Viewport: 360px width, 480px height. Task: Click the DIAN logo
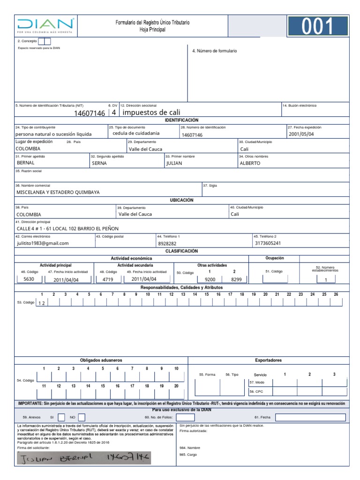click(45, 26)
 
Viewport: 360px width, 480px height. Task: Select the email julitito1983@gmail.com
click(43, 243)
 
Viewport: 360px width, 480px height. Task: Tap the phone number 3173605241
click(268, 243)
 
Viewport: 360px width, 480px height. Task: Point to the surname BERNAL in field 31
click(26, 163)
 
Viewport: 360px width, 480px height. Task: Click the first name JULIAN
click(174, 163)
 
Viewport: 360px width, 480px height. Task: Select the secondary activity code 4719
click(108, 279)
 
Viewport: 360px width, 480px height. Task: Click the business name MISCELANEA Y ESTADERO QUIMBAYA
click(58, 192)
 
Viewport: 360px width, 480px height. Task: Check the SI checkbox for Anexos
click(61, 417)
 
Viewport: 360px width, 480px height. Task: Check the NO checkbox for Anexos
click(82, 417)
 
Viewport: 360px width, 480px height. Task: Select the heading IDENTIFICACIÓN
click(181, 120)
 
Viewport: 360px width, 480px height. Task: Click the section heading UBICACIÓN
click(181, 200)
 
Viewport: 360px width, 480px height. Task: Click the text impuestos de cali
click(151, 112)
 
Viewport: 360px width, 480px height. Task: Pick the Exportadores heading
click(268, 360)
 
